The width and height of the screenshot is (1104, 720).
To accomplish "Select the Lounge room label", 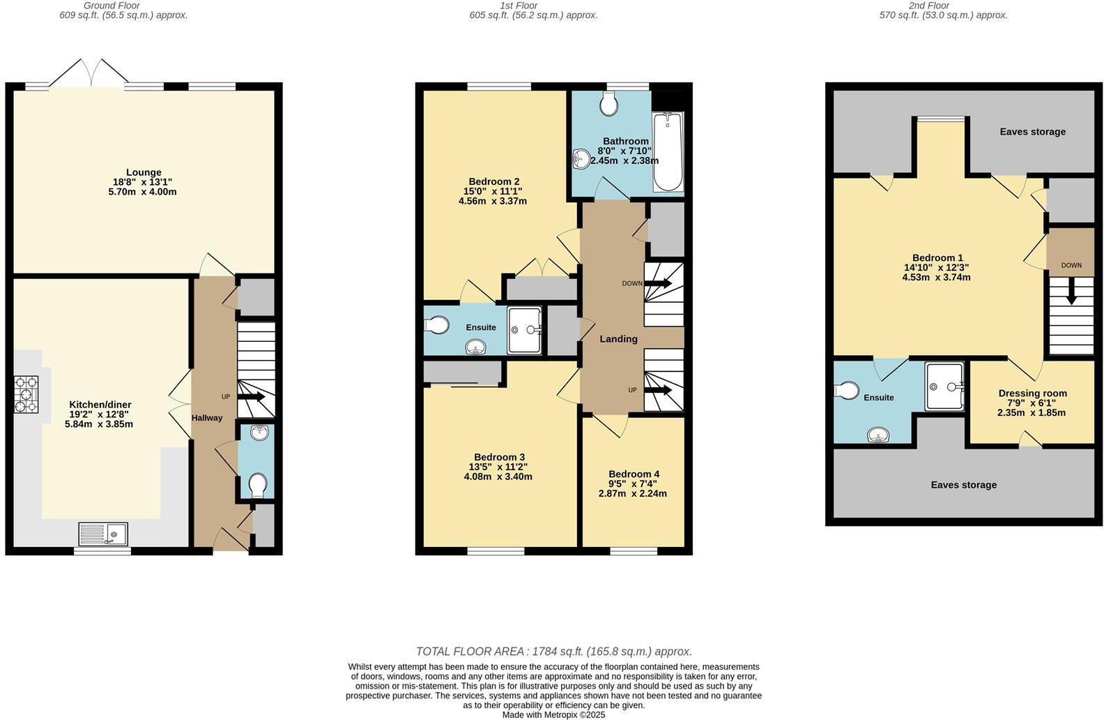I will [x=144, y=172].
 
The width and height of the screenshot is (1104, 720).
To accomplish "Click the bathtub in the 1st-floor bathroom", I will [x=668, y=151].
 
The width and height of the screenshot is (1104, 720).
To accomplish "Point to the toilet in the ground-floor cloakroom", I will [x=257, y=485].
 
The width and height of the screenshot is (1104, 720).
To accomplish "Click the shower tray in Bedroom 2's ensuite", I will [x=524, y=330].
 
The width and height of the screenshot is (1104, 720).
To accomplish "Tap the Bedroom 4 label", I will [x=633, y=474].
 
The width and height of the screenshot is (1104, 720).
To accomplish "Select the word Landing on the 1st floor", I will [x=618, y=339].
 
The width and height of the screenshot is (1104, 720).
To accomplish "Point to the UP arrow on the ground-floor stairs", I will [x=252, y=397].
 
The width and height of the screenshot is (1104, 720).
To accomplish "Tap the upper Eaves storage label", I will [x=1032, y=132].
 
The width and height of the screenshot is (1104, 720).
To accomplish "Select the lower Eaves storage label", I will [x=963, y=485].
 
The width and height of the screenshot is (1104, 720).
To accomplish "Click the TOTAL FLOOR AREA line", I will [x=553, y=652].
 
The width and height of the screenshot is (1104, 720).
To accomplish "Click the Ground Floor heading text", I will [x=112, y=6].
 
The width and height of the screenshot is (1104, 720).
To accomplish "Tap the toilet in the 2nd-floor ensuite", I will [x=848, y=391].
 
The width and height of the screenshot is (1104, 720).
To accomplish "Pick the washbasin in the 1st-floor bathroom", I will [x=580, y=160].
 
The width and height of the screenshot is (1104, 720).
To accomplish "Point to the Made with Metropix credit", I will [x=553, y=714].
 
